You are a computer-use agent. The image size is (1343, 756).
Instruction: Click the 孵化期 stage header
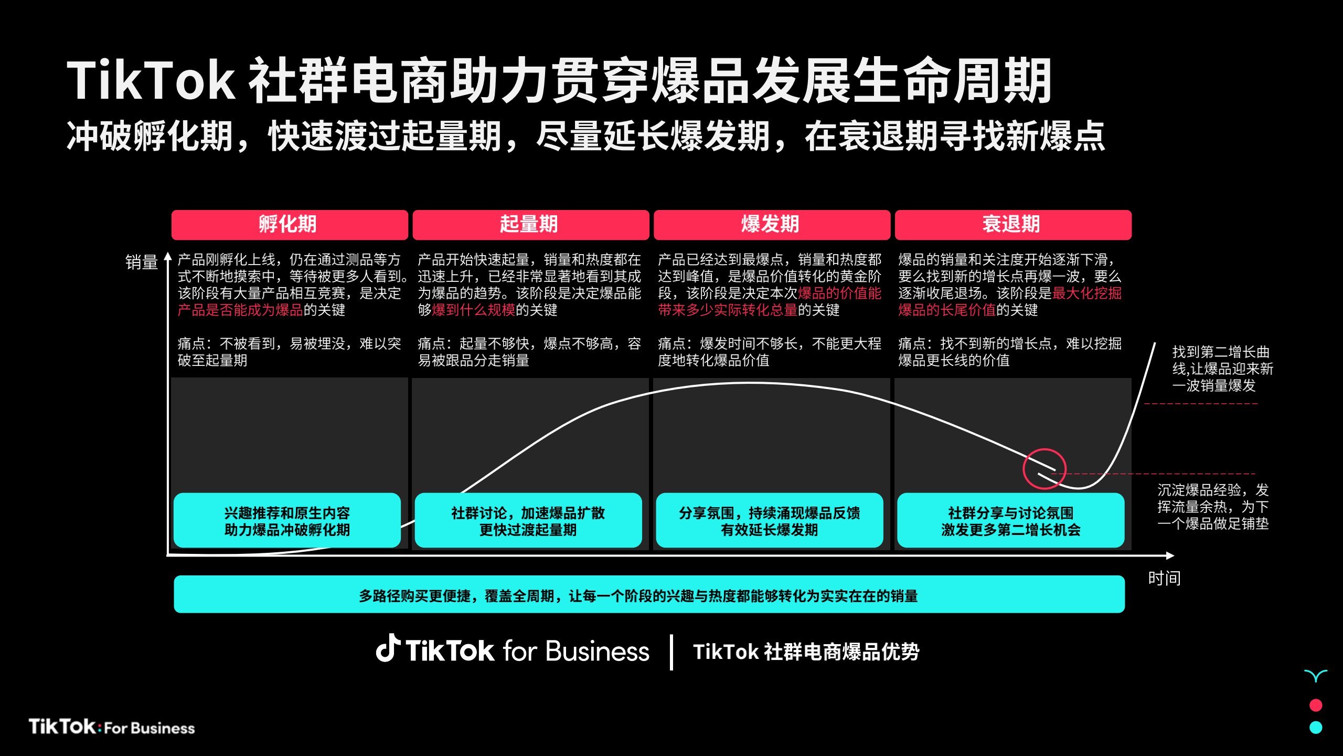click(x=290, y=225)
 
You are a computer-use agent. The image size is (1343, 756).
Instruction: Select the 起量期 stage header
click(x=530, y=225)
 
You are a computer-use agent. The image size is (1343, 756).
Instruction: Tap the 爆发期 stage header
click(x=772, y=225)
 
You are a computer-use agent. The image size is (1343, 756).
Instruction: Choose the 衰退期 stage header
click(x=1013, y=225)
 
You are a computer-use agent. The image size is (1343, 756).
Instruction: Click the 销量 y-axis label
click(x=142, y=262)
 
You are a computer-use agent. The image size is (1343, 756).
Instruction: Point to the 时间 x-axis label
click(x=1164, y=578)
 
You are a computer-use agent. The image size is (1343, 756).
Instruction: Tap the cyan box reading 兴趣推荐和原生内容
click(x=287, y=520)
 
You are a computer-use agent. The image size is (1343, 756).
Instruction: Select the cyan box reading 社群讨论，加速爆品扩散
click(x=528, y=520)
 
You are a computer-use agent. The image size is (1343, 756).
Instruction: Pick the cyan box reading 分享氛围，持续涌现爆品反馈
click(x=770, y=520)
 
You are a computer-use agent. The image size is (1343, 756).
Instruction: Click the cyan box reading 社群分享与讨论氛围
click(x=1011, y=520)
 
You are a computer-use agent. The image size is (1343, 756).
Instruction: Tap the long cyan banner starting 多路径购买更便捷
click(x=649, y=594)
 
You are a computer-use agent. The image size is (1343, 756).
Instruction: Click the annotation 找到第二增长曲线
click(x=1223, y=369)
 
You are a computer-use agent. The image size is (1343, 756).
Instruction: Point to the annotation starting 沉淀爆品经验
click(x=1213, y=507)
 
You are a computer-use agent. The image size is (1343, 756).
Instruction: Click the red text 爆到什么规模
click(x=474, y=310)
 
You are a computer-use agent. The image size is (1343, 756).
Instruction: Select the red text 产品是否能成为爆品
click(x=240, y=310)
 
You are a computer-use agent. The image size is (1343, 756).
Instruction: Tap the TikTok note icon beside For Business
click(x=388, y=648)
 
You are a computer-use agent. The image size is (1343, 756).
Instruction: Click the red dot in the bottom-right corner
click(x=1316, y=705)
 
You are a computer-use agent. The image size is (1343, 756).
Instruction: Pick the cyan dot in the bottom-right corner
click(x=1316, y=728)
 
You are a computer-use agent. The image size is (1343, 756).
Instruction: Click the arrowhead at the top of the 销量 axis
click(x=168, y=256)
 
